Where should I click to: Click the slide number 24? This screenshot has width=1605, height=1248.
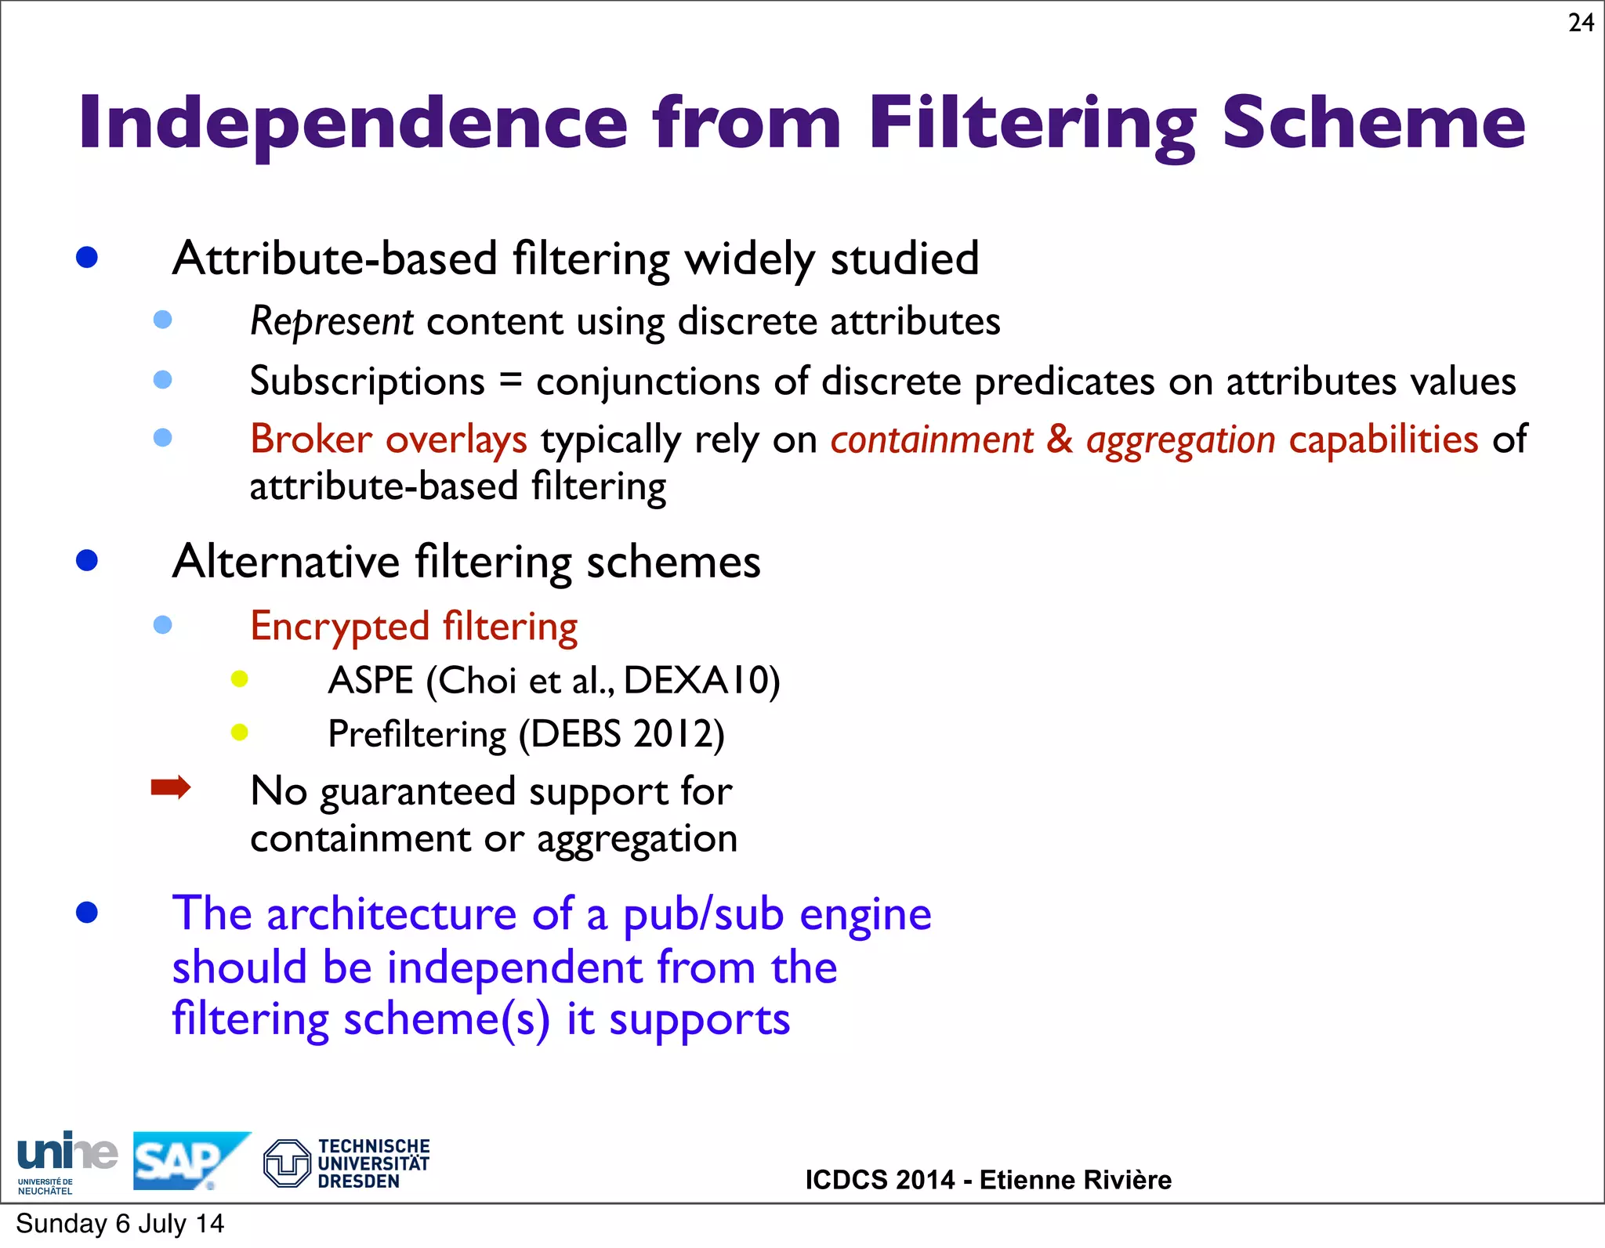coord(1581,23)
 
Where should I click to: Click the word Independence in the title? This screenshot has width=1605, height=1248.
coord(353,123)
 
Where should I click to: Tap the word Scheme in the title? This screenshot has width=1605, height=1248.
coord(1373,123)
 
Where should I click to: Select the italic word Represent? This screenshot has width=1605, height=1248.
coord(332,322)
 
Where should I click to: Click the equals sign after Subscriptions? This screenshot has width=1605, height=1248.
coord(510,382)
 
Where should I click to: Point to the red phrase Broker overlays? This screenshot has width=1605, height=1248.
coord(388,440)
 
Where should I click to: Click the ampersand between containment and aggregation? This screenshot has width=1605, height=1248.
coord(1060,440)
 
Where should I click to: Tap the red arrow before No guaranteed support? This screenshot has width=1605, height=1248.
coord(171,787)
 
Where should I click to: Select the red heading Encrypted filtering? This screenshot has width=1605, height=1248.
coord(414,627)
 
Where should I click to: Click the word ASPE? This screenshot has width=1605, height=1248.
coord(370,680)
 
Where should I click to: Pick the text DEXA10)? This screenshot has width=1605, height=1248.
coord(701,680)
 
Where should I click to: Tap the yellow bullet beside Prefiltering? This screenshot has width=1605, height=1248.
coord(240,733)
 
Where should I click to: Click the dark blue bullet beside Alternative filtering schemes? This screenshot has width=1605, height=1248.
coord(87,561)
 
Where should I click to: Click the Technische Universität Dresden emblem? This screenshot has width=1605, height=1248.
coord(287,1163)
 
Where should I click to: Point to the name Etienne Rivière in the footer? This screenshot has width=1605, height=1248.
coord(1075,1180)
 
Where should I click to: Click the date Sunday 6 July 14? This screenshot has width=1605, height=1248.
coord(120,1224)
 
